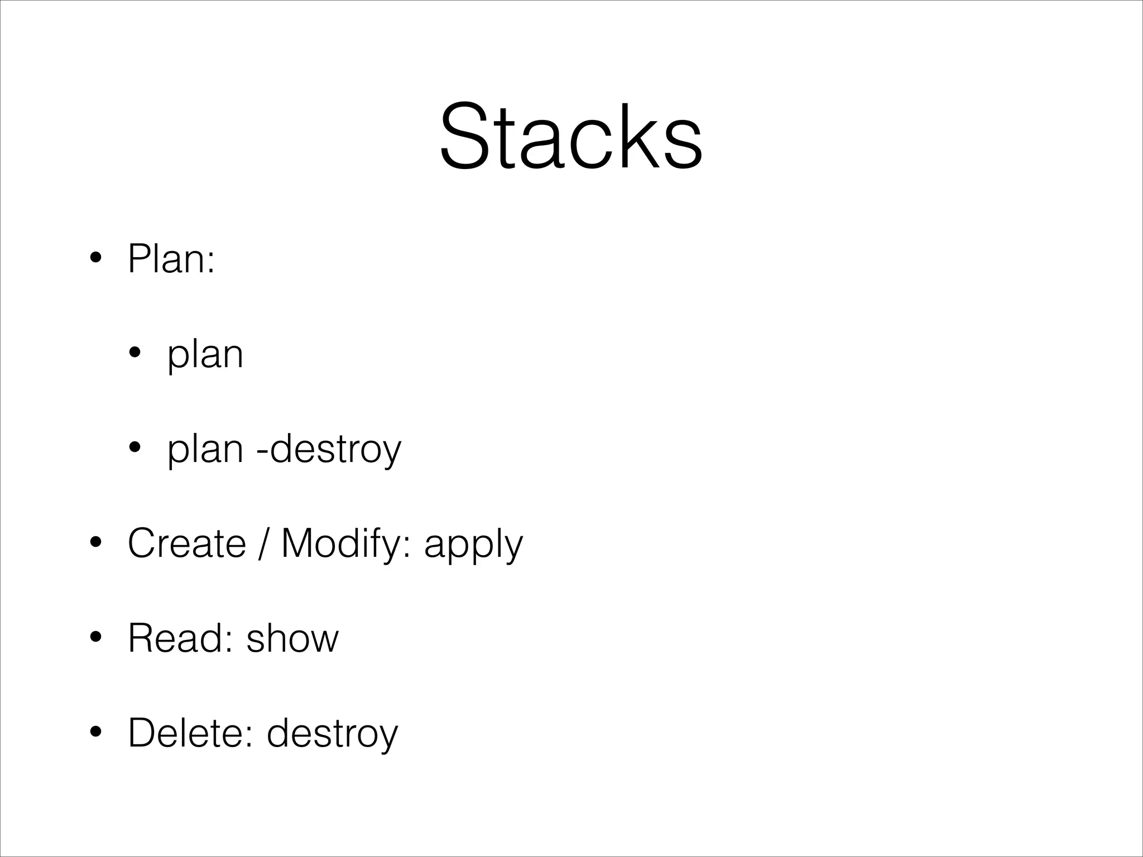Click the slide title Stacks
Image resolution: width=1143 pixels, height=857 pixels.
570,137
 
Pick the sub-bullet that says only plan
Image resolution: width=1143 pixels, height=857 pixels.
205,355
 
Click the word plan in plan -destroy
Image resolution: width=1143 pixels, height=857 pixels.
205,450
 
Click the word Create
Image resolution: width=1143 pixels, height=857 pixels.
187,543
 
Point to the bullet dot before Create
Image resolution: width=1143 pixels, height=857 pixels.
96,543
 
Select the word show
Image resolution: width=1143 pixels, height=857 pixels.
292,638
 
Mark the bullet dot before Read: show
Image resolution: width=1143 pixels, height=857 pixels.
96,638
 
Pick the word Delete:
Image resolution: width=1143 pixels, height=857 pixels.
192,733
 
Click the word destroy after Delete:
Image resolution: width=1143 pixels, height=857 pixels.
333,734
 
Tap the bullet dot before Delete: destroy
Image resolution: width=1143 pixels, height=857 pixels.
96,733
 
